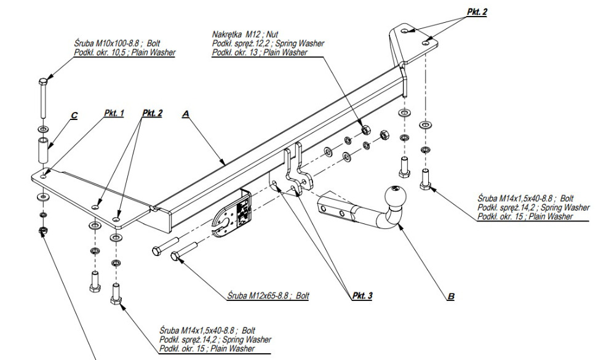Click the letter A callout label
tap(185, 114)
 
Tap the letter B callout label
tap(450, 297)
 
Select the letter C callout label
tap(74, 114)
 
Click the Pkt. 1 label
tap(114, 113)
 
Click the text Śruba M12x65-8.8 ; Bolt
tap(268, 296)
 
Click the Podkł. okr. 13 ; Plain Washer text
tap(260, 54)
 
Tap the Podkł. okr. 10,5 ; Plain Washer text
tap(123, 53)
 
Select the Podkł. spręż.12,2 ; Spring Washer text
tap(268, 44)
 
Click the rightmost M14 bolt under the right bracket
tap(424, 179)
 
